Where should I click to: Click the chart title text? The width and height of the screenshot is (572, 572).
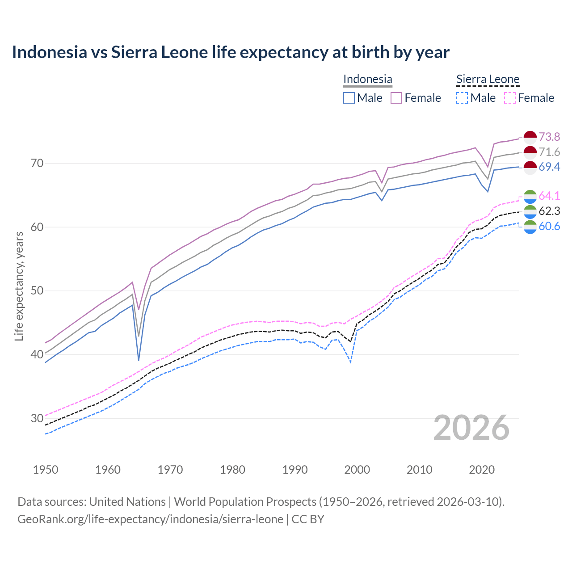click(231, 52)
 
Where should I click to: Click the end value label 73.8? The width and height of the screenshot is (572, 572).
click(549, 137)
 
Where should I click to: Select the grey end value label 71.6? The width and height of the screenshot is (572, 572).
click(549, 152)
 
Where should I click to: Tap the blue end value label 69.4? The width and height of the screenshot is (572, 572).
click(549, 167)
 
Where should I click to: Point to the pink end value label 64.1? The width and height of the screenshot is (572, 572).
click(549, 196)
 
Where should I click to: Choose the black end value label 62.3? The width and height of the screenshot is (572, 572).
click(549, 211)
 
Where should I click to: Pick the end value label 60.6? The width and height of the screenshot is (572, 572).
click(549, 226)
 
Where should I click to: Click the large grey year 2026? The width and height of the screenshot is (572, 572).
click(471, 428)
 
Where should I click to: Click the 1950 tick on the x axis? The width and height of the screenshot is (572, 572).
click(46, 470)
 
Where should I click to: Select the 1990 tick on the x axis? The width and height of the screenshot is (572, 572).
click(295, 470)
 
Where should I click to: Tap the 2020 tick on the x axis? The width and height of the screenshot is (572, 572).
click(482, 470)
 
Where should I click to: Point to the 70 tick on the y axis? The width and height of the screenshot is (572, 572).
click(37, 163)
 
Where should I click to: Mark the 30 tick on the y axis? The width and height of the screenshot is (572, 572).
click(37, 418)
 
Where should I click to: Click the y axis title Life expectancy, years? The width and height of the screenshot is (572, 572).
click(19, 286)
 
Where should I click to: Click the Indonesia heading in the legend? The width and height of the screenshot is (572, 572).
click(367, 79)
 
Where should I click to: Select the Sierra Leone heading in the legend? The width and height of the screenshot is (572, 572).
click(488, 79)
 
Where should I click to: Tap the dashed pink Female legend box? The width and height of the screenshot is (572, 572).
click(510, 98)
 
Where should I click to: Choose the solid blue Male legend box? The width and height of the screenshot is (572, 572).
click(349, 98)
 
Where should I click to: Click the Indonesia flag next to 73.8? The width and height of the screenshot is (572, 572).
click(530, 137)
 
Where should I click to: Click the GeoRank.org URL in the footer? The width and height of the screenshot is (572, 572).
click(150, 519)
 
